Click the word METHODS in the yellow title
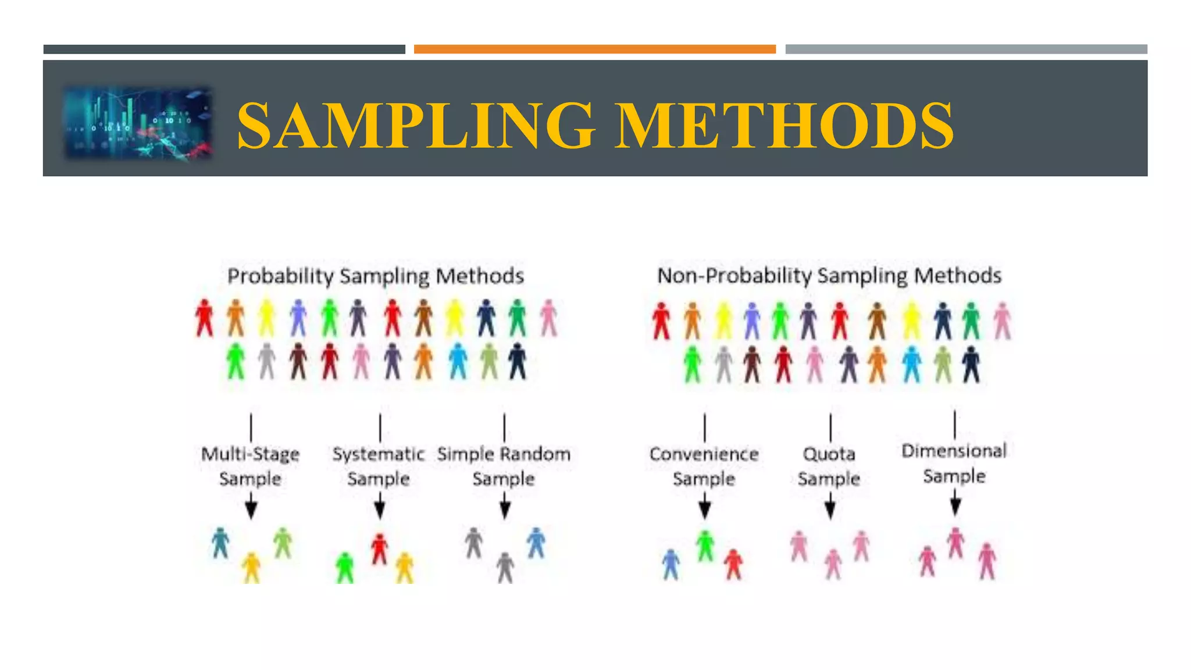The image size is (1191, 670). tap(785, 126)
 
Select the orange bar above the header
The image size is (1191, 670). tap(594, 49)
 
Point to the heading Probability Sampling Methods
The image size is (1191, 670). tap(375, 276)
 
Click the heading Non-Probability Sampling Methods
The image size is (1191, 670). tap(829, 276)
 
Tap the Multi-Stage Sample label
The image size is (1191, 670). tap(251, 466)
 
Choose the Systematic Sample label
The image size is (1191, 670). tap(379, 466)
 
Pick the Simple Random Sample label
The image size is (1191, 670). tap(504, 466)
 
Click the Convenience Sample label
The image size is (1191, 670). tap(704, 466)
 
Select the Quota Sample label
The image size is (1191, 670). tap(829, 466)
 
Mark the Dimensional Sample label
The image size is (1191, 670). tap(954, 463)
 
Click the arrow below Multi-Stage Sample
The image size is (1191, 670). tap(251, 506)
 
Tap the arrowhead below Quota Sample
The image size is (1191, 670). tap(830, 509)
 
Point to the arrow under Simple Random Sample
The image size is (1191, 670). tap(505, 506)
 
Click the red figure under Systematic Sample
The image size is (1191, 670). tap(380, 549)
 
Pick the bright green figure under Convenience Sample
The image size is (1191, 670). tap(705, 546)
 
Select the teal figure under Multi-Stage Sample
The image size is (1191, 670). tap(220, 543)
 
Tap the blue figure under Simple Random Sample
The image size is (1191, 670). tap(536, 543)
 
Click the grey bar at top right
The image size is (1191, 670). tap(966, 49)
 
